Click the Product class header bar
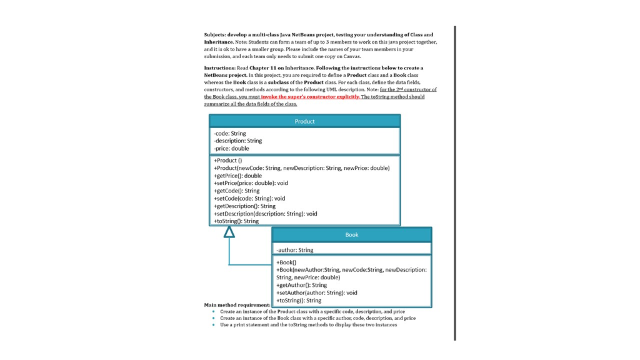click(x=304, y=121)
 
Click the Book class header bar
click(x=351, y=235)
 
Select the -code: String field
click(x=230, y=133)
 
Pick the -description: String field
click(x=238, y=141)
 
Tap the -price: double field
click(x=231, y=148)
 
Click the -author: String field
click(x=295, y=250)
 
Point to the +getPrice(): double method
click(x=238, y=176)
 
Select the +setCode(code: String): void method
click(x=249, y=198)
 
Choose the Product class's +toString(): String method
click(x=236, y=221)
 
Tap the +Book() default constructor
click(x=286, y=262)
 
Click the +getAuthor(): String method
click(x=302, y=285)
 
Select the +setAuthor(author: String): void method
click(x=317, y=292)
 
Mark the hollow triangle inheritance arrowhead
click(x=229, y=232)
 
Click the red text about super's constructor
click(x=310, y=97)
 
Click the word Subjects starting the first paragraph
click(x=215, y=35)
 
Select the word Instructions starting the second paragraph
click(x=219, y=68)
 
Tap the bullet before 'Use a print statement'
click(x=213, y=324)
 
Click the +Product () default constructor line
click(x=228, y=161)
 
